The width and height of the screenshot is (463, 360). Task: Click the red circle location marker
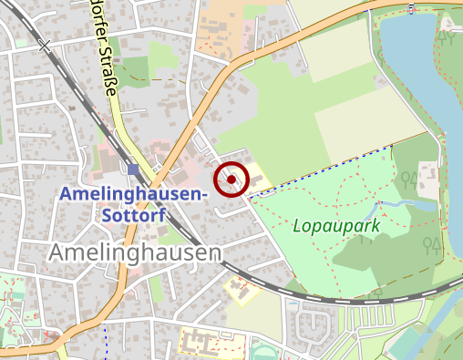[232, 180]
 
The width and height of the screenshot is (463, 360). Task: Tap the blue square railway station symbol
[134, 170]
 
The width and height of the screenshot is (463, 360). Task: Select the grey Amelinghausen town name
[137, 252]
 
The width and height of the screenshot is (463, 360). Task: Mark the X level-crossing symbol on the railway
[45, 45]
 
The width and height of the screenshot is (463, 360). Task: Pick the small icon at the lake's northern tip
[413, 9]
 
